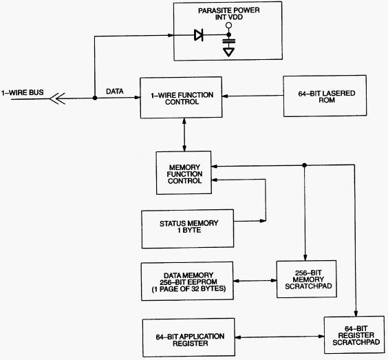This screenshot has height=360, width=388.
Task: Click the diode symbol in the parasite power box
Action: [x=199, y=35]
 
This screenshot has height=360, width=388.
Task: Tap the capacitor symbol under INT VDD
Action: [x=229, y=41]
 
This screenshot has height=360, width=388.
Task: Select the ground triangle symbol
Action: [x=228, y=52]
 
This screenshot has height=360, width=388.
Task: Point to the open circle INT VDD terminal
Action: [x=229, y=25]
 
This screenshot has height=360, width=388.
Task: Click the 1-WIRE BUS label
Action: [x=23, y=93]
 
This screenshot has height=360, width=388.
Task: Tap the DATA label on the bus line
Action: [x=115, y=92]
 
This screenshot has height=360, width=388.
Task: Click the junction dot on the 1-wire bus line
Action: [x=95, y=98]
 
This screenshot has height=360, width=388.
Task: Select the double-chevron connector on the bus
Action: [x=57, y=98]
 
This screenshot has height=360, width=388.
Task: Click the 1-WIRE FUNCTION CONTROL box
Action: [x=181, y=98]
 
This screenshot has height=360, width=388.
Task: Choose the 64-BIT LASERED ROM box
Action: [x=325, y=96]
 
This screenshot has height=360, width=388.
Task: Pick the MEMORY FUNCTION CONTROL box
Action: [x=184, y=173]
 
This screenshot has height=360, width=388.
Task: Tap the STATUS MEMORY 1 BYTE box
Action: [x=188, y=229]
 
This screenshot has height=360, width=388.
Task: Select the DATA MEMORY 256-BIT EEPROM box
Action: [x=187, y=282]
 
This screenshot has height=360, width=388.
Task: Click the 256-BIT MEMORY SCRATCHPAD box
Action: [x=307, y=279]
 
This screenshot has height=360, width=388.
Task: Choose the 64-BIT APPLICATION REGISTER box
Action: [x=188, y=337]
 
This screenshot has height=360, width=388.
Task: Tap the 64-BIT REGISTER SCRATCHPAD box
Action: [x=354, y=335]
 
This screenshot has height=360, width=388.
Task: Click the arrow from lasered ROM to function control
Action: [x=252, y=96]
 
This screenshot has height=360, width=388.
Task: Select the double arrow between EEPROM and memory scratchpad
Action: [x=255, y=281]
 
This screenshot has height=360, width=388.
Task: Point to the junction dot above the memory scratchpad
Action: [x=305, y=165]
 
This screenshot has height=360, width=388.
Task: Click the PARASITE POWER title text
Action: [x=229, y=10]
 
